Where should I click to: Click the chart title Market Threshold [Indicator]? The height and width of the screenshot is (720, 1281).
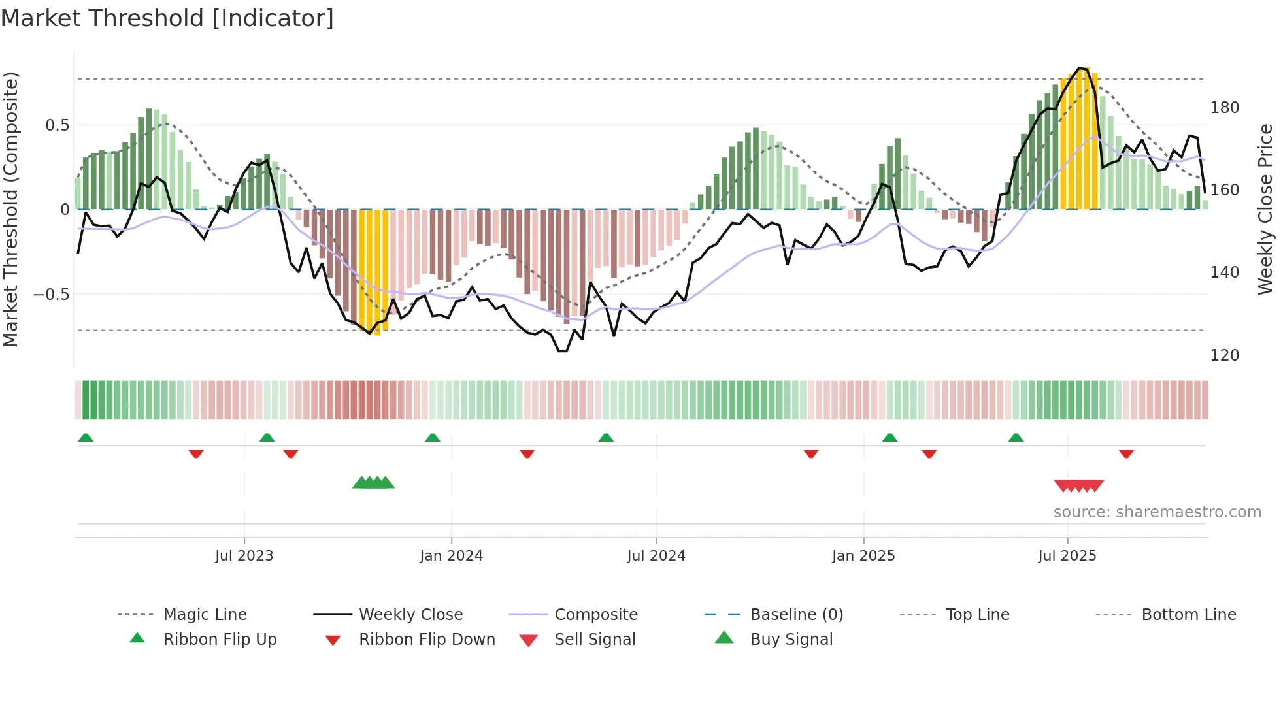pos(167,18)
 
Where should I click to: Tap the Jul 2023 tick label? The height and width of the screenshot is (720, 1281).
pos(244,556)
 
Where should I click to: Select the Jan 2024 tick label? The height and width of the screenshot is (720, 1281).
pos(451,556)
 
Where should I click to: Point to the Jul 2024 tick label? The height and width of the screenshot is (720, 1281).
pos(656,556)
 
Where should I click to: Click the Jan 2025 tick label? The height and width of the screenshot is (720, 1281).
pos(863,556)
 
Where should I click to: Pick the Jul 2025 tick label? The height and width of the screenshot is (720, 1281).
pos(1067,556)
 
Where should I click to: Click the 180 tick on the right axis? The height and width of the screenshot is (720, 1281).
pos(1224,108)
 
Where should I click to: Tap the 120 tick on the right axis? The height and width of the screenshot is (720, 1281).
pos(1224,355)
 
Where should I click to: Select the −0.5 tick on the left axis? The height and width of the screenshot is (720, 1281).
pos(52,295)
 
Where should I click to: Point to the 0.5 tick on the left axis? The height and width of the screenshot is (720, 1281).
pos(57,125)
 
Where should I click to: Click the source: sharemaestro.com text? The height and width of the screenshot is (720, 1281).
pos(1157,512)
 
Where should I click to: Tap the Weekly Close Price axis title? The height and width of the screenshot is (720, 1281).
pos(1265,209)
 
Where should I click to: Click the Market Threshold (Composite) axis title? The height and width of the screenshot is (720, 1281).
pos(10,209)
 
